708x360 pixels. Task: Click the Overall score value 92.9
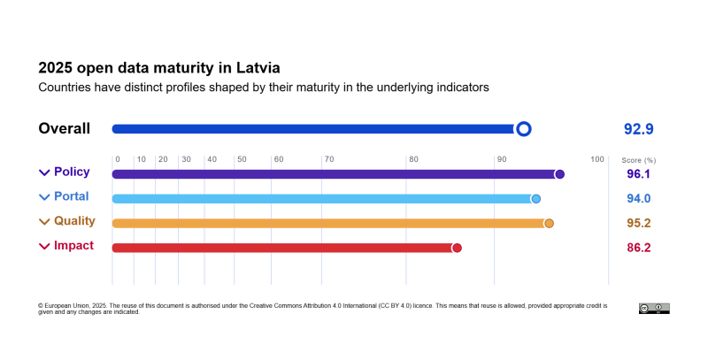coord(638,129)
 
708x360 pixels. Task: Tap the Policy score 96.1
coord(638,174)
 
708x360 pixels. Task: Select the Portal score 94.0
coord(638,199)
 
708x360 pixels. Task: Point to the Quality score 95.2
coord(638,224)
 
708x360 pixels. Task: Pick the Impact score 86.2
coord(638,249)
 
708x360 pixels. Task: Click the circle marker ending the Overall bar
coord(523,129)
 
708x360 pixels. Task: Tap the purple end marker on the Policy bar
coord(559,174)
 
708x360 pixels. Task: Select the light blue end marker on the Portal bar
coord(535,199)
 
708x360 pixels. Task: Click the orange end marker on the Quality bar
coord(549,224)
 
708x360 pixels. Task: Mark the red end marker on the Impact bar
coord(457,249)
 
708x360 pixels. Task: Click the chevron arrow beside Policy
coord(44,173)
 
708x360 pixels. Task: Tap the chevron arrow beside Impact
coord(44,247)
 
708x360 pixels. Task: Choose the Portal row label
coord(71,196)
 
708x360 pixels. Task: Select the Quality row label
coord(74,221)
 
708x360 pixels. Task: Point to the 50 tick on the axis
coord(241,159)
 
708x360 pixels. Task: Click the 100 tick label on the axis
coord(597,159)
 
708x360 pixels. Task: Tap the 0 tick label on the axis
coord(117,159)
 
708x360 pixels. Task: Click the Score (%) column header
coord(638,160)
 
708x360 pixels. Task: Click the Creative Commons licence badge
coord(654,308)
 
